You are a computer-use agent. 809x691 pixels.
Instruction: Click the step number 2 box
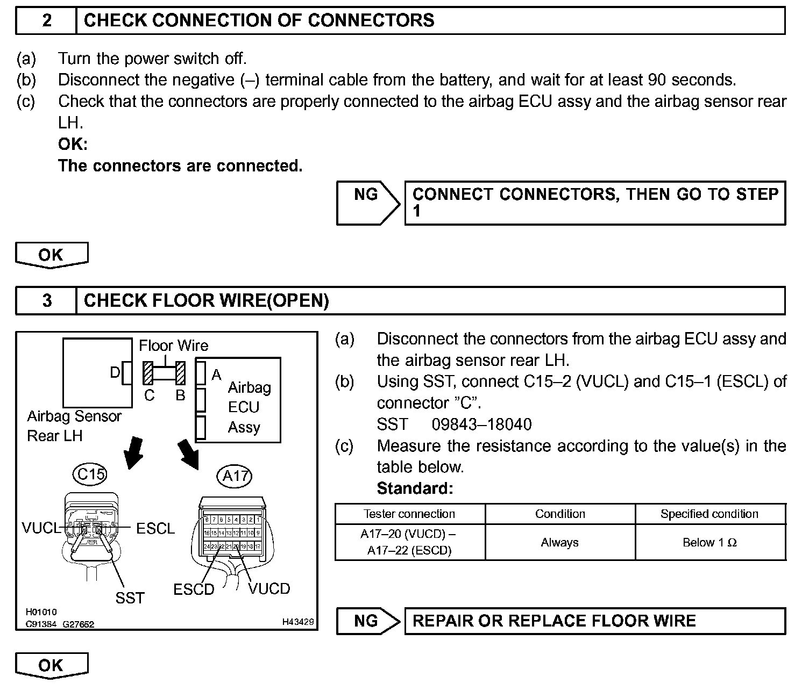[x=47, y=21]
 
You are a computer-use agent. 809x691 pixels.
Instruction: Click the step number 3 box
[x=47, y=301]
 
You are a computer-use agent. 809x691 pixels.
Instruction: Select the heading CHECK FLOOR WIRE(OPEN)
[x=207, y=301]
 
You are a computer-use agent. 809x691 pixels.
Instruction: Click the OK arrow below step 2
[x=51, y=255]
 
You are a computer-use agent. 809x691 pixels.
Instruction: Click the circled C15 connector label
[x=90, y=474]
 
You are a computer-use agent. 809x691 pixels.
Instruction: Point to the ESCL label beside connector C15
[x=155, y=529]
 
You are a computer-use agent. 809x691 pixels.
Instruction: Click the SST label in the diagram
[x=130, y=598]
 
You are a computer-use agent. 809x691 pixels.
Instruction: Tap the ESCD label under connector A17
[x=194, y=589]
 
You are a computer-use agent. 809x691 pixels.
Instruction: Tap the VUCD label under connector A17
[x=269, y=589]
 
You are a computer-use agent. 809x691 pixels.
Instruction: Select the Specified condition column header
[x=709, y=514]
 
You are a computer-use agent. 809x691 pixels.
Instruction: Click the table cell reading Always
[x=559, y=543]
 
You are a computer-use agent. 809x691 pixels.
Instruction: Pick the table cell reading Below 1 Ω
[x=709, y=543]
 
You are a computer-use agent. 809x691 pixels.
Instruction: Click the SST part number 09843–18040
[x=481, y=424]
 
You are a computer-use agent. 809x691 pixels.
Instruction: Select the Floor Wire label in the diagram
[x=173, y=345]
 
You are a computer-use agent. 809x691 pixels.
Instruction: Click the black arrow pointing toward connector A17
[x=188, y=453]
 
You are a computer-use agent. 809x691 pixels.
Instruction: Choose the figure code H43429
[x=297, y=622]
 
